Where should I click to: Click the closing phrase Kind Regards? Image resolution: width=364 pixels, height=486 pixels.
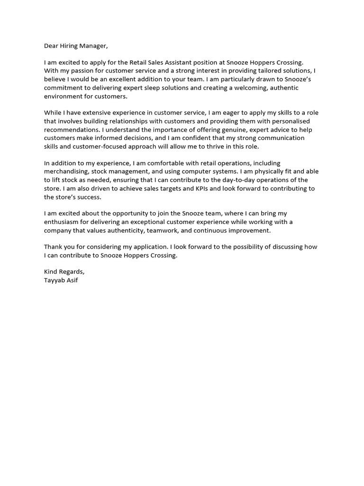[x=64, y=272]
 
